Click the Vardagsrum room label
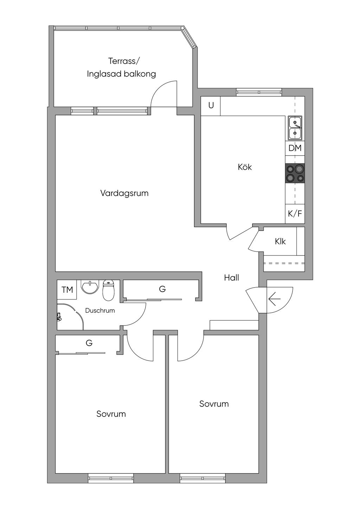(124, 194)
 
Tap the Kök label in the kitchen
(245, 167)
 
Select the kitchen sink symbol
(295, 128)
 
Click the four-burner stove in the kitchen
(295, 173)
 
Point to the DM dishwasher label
(295, 148)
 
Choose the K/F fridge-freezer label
(295, 214)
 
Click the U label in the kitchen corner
(211, 105)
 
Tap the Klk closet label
(280, 241)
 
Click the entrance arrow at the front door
(275, 298)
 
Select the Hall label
(231, 278)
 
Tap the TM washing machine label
(67, 290)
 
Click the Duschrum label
(100, 310)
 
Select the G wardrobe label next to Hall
(162, 289)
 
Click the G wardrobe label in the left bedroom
(89, 343)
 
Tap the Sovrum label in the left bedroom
(111, 414)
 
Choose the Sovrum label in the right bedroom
(214, 404)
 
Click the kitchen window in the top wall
(259, 92)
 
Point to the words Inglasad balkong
(121, 74)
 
